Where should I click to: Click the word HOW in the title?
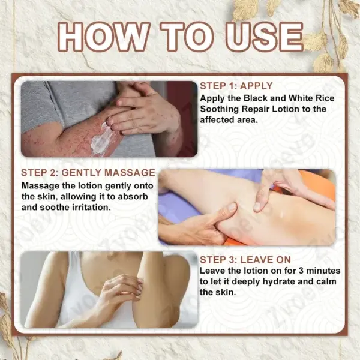pos(104,37)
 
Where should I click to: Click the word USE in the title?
pos(265,37)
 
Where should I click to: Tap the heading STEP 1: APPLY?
pos(236,86)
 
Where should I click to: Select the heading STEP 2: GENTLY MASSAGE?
pos(88,173)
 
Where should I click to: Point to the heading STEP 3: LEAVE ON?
pos(245,260)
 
